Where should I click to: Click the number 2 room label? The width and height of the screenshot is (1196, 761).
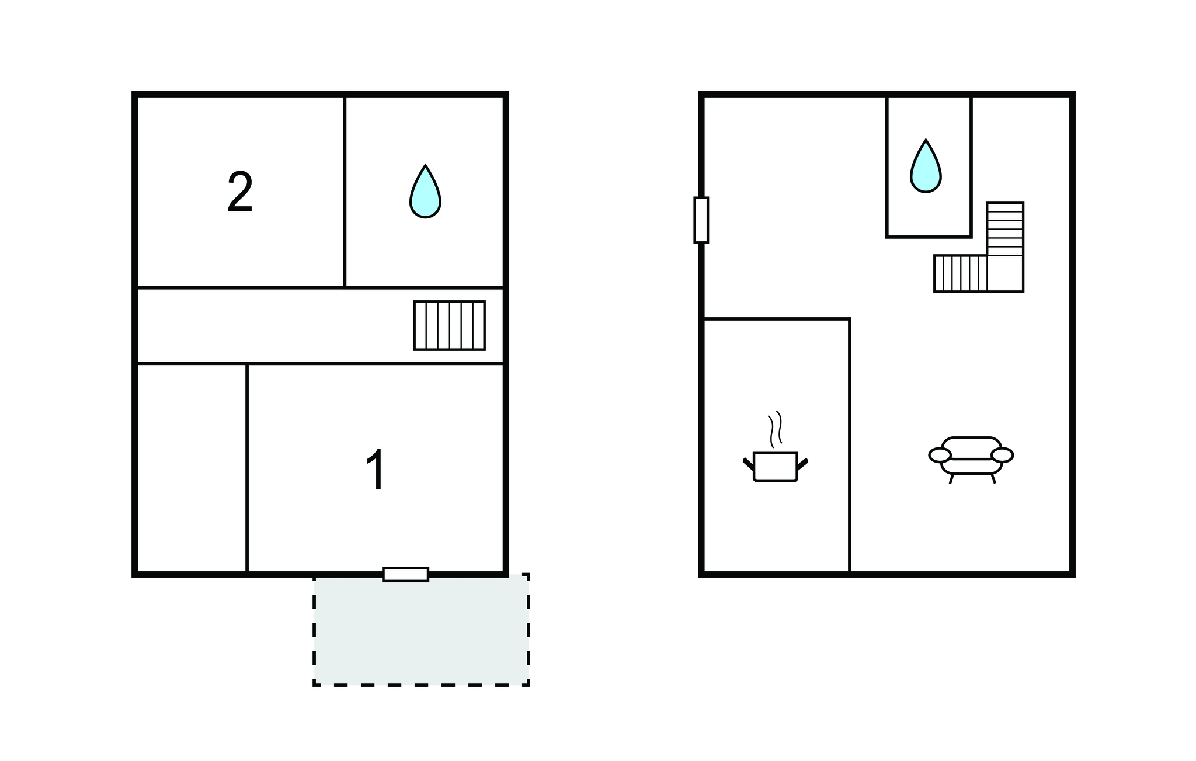[x=239, y=192]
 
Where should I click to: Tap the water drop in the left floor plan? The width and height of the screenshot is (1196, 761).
[x=425, y=192]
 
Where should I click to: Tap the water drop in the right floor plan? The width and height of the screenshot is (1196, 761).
[x=926, y=166]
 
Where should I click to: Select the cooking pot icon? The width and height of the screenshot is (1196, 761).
[x=776, y=466]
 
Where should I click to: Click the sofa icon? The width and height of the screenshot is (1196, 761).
[x=971, y=460]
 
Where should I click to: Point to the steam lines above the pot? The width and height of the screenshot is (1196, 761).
[x=775, y=429]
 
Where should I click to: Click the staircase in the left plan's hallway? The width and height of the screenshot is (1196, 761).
[x=450, y=325]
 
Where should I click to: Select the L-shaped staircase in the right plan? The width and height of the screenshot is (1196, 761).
[x=979, y=247]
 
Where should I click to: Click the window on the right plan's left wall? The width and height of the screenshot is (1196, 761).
[x=701, y=220]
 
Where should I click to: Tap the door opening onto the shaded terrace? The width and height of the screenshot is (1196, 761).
[x=406, y=574]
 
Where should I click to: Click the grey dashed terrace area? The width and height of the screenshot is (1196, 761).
[x=421, y=630]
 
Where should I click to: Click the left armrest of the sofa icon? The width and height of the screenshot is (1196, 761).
[x=940, y=454]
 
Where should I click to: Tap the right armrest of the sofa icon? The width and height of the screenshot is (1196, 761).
[x=1002, y=454]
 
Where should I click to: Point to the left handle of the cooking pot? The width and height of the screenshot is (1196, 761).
[x=748, y=464]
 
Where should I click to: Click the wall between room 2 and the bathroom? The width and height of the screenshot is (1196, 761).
[x=345, y=192]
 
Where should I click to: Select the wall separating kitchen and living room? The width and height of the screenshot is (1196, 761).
[x=850, y=445]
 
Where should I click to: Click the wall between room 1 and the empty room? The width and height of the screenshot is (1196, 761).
[x=247, y=468]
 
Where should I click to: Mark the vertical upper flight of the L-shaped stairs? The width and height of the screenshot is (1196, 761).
[x=1005, y=229]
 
